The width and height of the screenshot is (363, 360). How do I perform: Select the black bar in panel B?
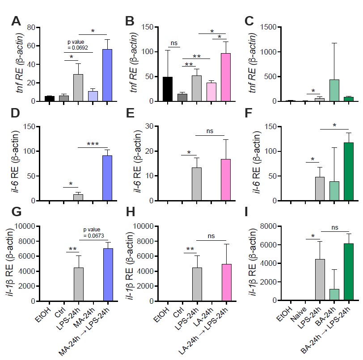(168, 89)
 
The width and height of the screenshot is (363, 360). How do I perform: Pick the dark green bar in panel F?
(348, 172)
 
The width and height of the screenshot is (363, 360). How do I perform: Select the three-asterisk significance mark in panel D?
(93, 144)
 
